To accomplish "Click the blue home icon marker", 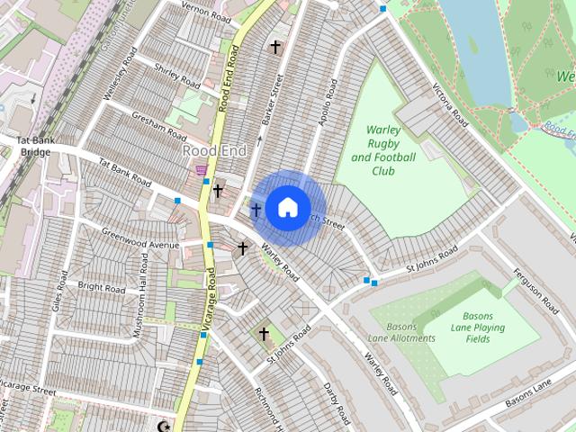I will click(x=287, y=207).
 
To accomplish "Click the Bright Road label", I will click(x=102, y=287).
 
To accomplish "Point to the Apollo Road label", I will click(x=322, y=104).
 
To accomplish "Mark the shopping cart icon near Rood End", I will click(x=202, y=168).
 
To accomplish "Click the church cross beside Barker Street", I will click(x=275, y=47).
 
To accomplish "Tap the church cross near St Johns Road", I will click(x=265, y=334).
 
